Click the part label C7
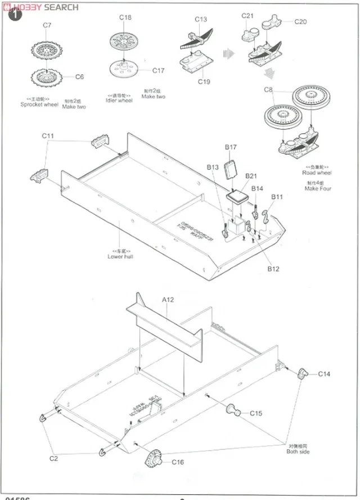(47, 25)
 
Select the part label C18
(125, 17)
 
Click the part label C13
(201, 19)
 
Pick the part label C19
(204, 82)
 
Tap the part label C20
(300, 22)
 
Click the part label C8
(268, 90)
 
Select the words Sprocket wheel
(39, 105)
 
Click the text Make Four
(318, 189)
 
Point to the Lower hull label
(120, 256)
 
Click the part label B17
(231, 147)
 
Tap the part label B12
(273, 269)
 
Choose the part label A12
(168, 300)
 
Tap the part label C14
(324, 374)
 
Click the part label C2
(53, 458)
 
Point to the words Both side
(298, 452)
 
